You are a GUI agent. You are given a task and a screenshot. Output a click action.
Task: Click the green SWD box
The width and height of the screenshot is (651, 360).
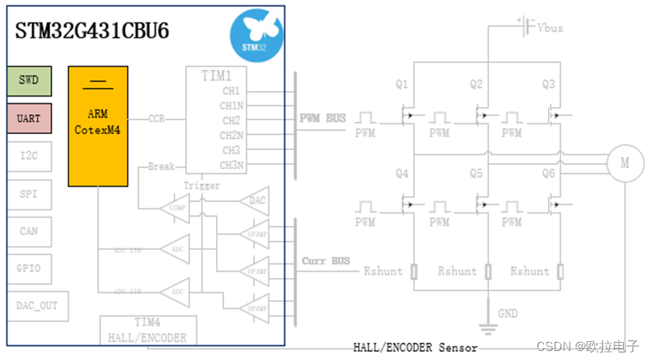pos(29,81)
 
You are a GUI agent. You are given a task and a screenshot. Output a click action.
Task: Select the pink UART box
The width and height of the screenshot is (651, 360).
pos(29,118)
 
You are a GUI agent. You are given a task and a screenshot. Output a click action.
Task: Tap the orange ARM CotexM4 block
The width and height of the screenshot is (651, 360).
pos(98,126)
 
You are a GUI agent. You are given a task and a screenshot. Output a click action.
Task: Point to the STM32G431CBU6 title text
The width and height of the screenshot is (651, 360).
pos(92,32)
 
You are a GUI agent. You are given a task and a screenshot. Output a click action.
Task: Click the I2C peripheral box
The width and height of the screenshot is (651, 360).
pos(29,156)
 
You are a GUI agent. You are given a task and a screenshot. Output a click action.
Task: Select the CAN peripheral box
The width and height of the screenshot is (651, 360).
pos(29,230)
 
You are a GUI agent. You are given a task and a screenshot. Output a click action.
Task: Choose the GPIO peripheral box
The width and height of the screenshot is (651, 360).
pos(29,268)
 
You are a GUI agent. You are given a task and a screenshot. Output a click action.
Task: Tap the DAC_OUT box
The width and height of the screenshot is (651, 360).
pos(37,306)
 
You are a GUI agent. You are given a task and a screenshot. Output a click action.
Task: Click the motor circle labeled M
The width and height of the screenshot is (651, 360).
pos(625,162)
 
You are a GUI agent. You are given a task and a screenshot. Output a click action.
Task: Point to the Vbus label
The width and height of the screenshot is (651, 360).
pos(550,27)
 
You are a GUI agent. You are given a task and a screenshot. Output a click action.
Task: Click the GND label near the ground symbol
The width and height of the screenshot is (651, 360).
pos(508,313)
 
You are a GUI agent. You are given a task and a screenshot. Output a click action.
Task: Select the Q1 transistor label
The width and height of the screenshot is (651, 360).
pos(402,84)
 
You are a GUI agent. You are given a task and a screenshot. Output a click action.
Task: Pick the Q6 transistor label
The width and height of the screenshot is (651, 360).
pos(549,173)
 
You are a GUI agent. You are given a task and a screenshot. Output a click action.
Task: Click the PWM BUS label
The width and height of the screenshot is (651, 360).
pos(323,118)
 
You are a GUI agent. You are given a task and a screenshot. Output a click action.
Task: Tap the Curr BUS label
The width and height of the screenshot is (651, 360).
pos(326,261)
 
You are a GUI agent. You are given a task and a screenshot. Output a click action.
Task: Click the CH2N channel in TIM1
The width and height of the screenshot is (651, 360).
pos(230,136)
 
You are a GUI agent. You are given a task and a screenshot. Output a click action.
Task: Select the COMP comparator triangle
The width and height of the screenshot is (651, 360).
pos(175,208)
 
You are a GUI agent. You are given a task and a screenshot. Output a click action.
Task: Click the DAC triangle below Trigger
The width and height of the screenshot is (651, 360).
pos(253,200)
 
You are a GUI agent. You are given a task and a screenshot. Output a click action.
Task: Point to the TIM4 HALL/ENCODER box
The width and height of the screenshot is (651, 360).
pos(143,330)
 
